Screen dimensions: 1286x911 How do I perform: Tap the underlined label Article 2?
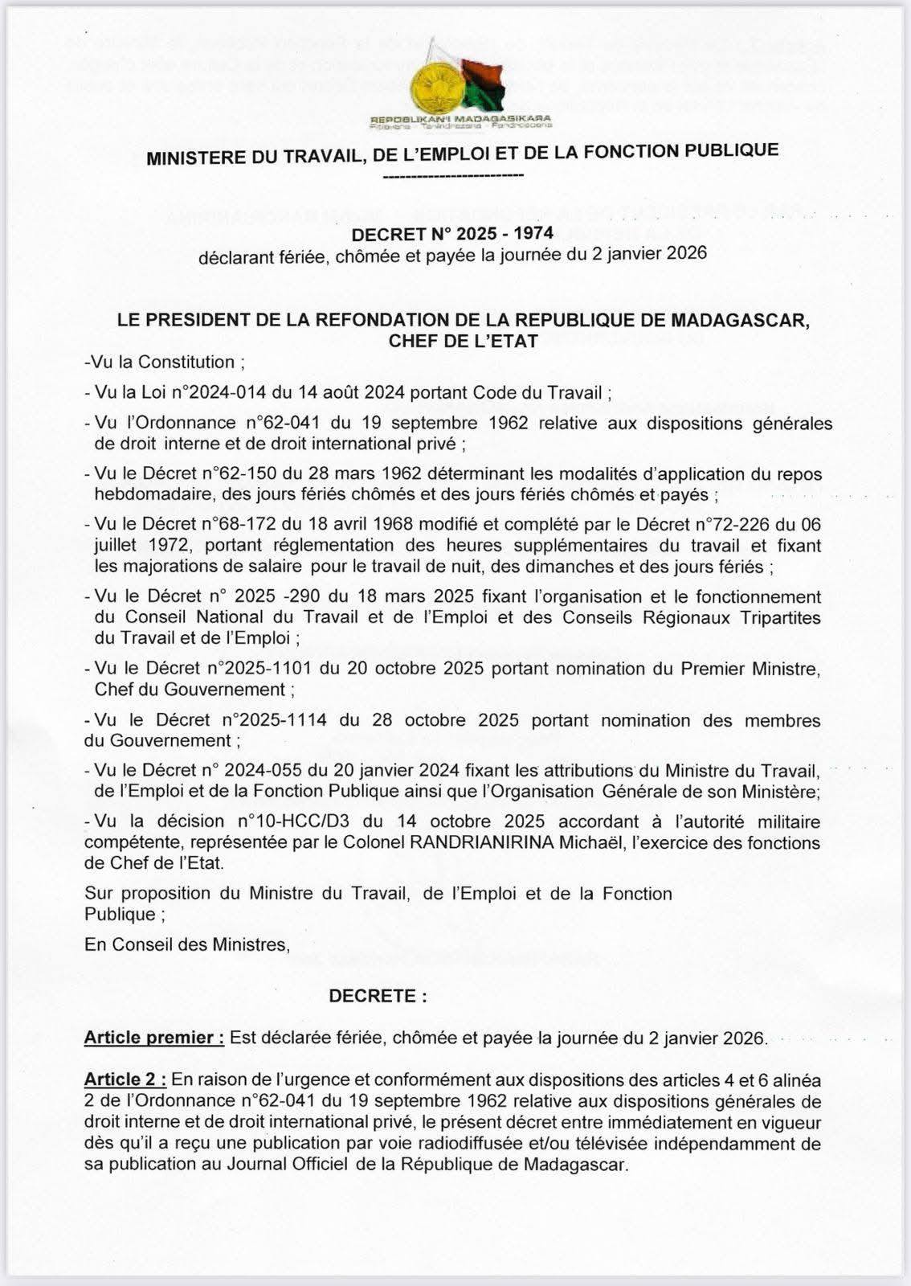coord(125,1079)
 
